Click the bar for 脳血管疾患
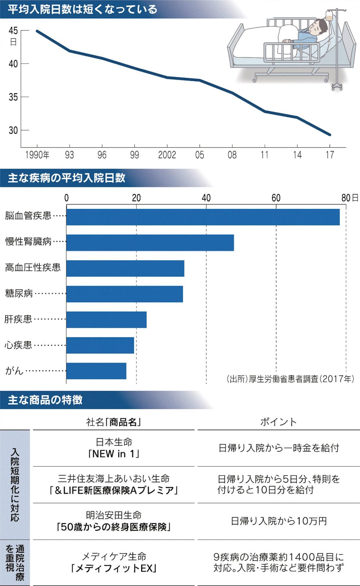[203, 217]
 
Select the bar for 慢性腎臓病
[150, 243]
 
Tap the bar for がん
[96, 371]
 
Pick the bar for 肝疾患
[106, 320]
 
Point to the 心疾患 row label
[18, 345]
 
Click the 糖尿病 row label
[19, 293]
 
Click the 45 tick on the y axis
[13, 31]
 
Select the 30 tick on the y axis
[13, 130]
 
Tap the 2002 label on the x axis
[167, 155]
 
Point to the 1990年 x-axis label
[37, 155]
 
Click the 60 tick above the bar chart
[276, 198]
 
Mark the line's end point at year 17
[330, 135]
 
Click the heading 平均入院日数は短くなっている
[82, 9]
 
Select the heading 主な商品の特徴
[45, 400]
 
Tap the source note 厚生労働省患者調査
[290, 379]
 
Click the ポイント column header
[278, 422]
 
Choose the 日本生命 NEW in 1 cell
[114, 448]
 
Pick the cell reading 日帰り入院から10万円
[279, 521]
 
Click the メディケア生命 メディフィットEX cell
[114, 562]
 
